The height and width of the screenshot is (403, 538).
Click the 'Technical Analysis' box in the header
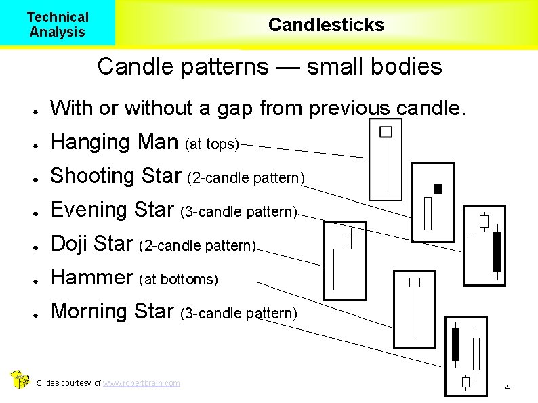click(58, 24)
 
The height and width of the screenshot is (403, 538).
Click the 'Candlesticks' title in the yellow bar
click(326, 25)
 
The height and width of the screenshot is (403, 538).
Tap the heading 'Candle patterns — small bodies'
click(269, 66)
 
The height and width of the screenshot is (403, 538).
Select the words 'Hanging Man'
click(115, 142)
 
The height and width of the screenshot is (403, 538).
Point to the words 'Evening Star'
click(113, 210)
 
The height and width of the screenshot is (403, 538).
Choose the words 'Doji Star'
click(92, 243)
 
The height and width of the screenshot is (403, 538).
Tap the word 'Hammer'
click(93, 277)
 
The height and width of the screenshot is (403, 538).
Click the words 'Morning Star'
click(112, 311)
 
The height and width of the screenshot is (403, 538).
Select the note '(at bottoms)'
click(179, 279)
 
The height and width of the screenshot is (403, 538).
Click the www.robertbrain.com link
click(142, 383)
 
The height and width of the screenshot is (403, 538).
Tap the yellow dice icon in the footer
click(20, 380)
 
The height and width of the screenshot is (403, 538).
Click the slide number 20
click(506, 387)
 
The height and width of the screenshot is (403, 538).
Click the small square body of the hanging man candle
click(386, 132)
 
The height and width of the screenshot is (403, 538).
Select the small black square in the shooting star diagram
click(438, 189)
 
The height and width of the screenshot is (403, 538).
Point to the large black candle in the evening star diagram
click(497, 251)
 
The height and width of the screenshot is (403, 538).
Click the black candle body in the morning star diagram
click(455, 344)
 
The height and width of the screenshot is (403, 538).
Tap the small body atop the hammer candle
click(415, 281)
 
